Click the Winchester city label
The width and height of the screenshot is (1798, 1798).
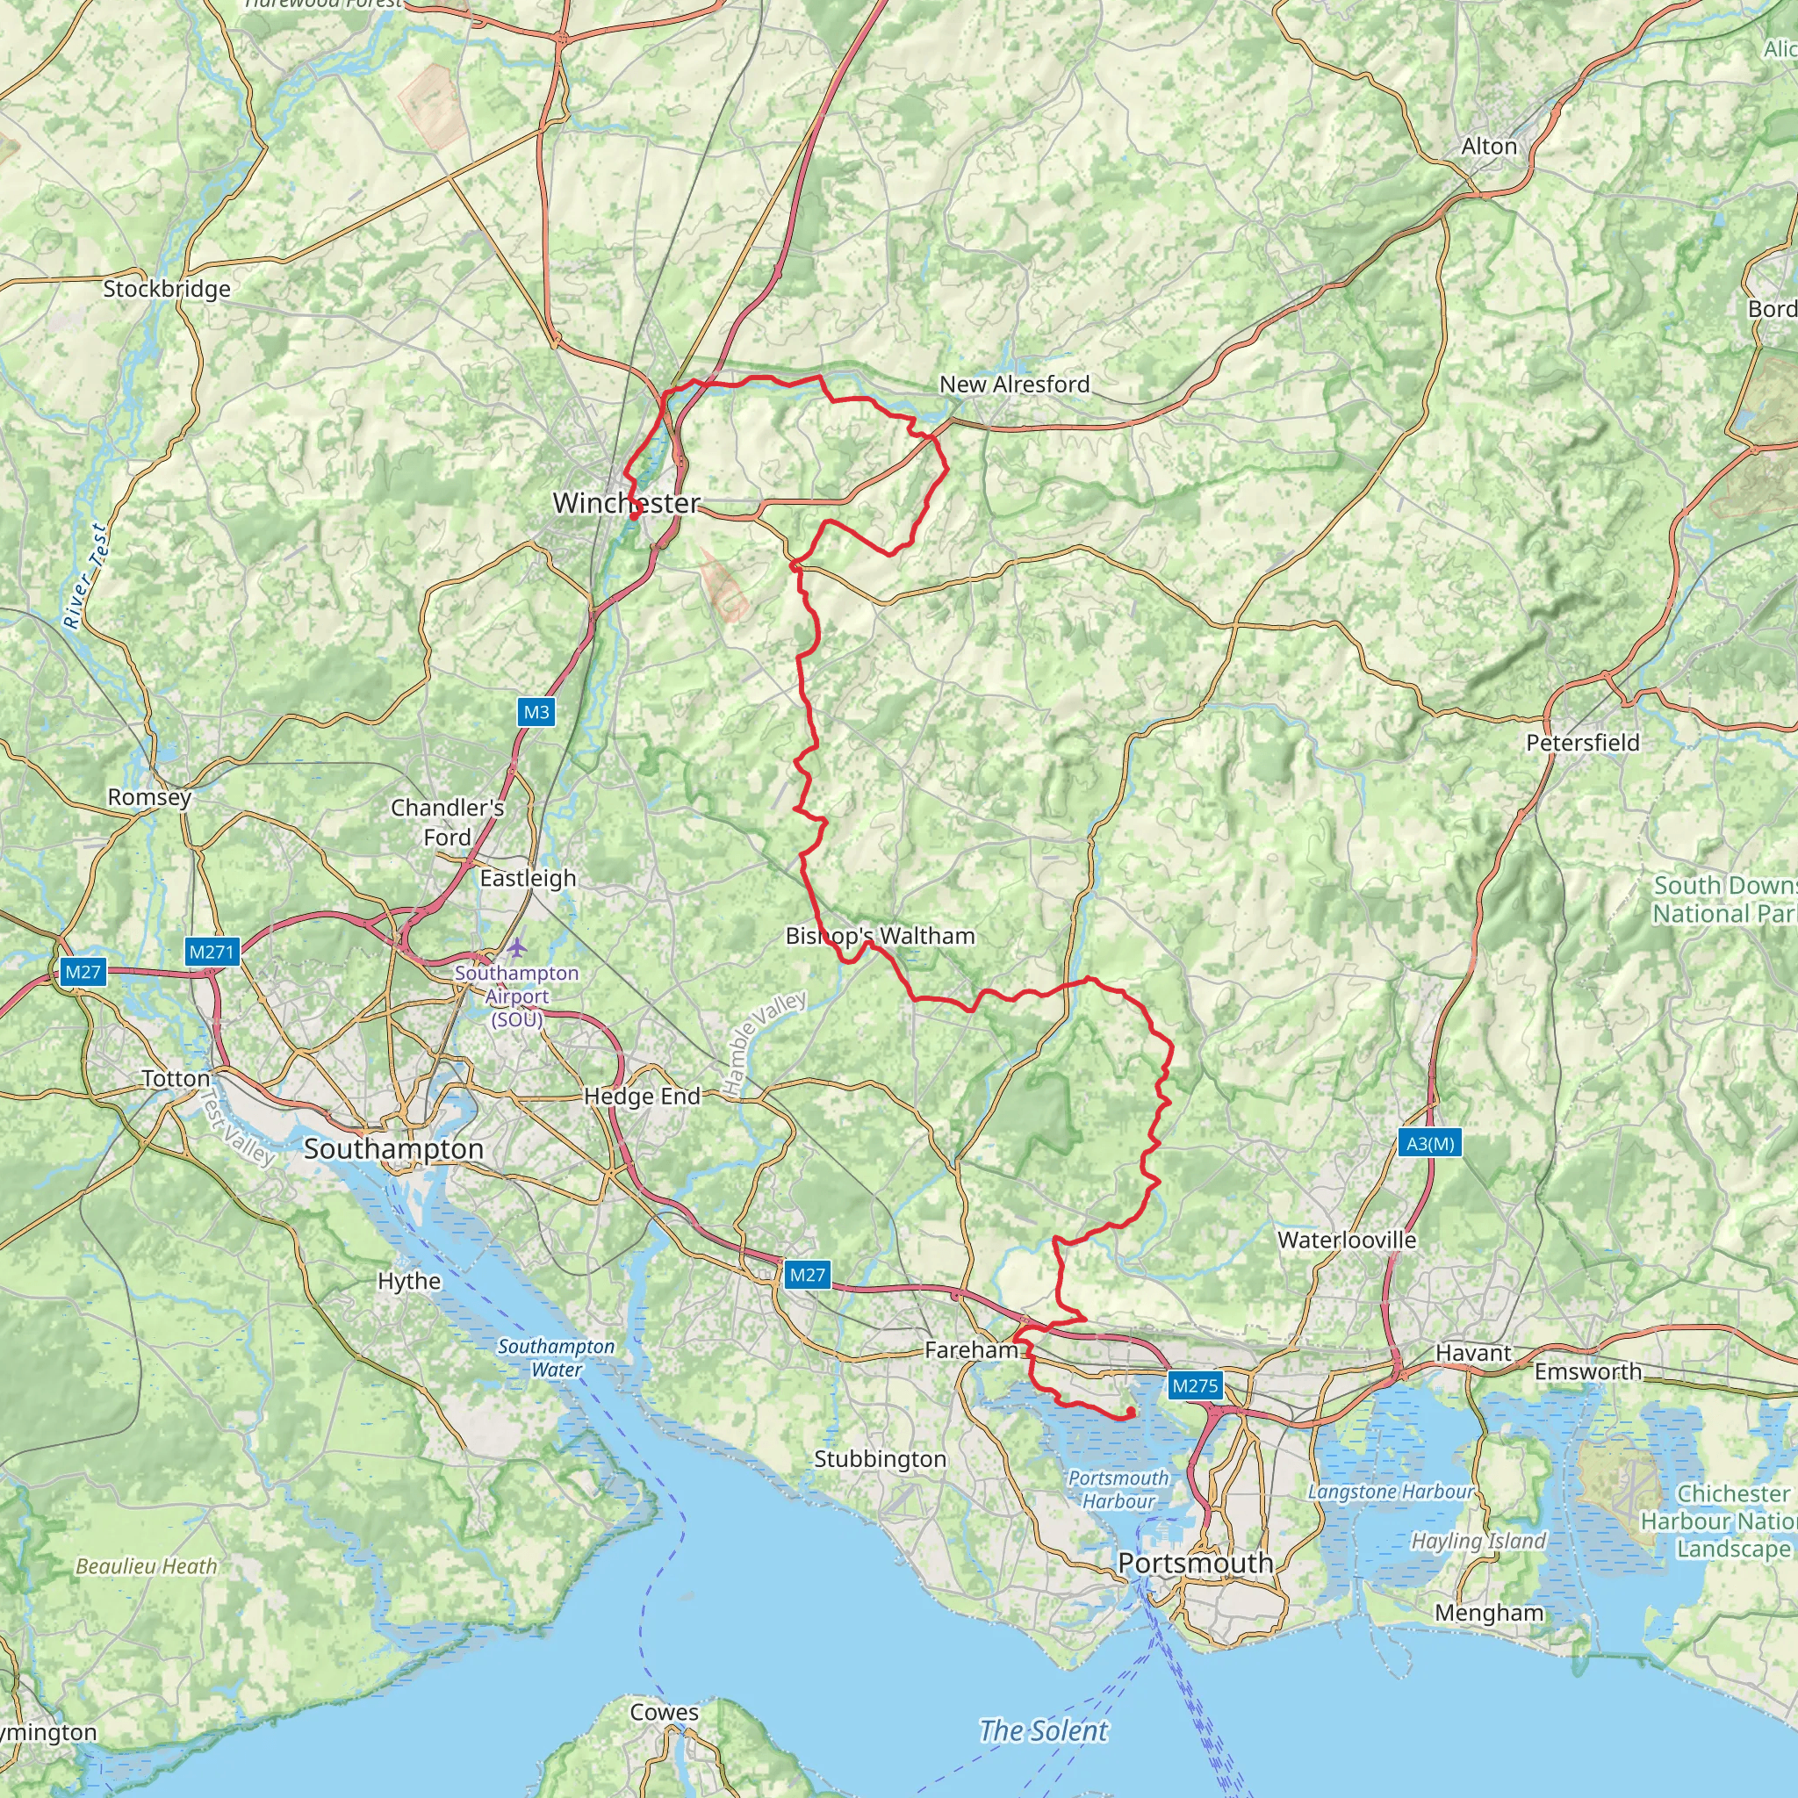[x=625, y=502]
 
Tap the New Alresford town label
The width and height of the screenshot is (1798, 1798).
[x=1013, y=384]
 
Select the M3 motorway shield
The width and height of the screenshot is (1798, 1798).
[x=536, y=712]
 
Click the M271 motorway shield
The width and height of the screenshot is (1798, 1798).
[x=212, y=951]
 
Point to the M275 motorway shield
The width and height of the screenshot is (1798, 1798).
[x=1195, y=1385]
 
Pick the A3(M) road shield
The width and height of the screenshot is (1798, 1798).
[x=1429, y=1143]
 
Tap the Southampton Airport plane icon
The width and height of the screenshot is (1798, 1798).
[x=517, y=947]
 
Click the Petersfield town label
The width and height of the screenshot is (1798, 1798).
[x=1582, y=743]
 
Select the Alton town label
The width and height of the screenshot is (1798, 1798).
[x=1488, y=146]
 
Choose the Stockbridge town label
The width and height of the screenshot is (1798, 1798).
[x=167, y=289]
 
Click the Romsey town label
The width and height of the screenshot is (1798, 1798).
[x=149, y=796]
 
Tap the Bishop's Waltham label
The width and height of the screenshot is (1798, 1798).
[x=880, y=935]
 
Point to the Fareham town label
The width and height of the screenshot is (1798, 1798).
[x=971, y=1349]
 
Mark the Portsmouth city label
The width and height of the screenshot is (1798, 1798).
[x=1195, y=1563]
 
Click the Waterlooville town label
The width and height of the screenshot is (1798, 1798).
[x=1346, y=1240]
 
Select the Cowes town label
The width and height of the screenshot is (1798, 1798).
[x=664, y=1711]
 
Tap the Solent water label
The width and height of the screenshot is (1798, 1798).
[x=1043, y=1730]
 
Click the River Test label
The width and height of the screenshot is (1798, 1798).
[x=86, y=576]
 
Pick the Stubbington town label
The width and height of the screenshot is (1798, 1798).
[x=880, y=1458]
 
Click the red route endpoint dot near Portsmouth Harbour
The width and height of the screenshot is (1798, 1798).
[x=1130, y=1413]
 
